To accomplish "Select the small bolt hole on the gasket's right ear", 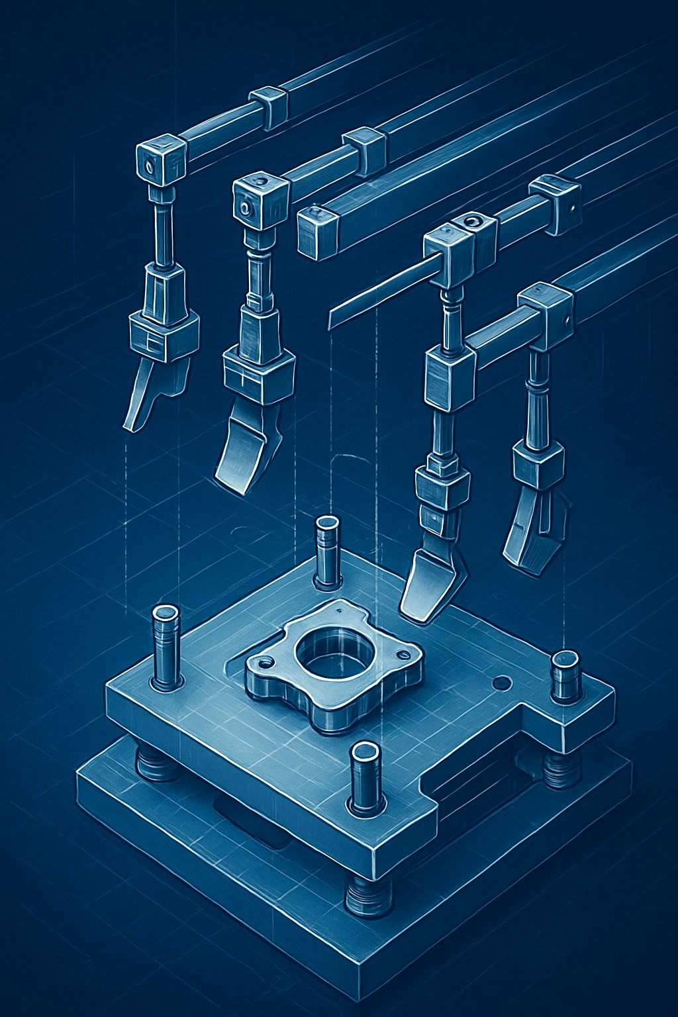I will pyautogui.click(x=399, y=654).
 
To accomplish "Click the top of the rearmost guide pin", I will pyautogui.click(x=327, y=523).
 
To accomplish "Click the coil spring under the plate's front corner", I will pyautogui.click(x=368, y=898).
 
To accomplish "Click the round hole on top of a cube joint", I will pyautogui.click(x=472, y=220).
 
